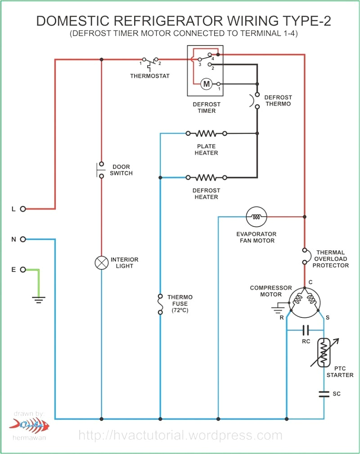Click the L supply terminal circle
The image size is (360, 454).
tap(23, 209)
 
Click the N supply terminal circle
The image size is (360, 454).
tap(23, 239)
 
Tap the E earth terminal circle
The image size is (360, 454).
tap(23, 270)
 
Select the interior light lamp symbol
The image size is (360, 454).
tap(101, 263)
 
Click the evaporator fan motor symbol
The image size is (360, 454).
tap(256, 217)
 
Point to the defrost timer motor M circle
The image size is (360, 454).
tap(207, 84)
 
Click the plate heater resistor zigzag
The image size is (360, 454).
tap(206, 134)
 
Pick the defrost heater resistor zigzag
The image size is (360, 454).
tap(206, 178)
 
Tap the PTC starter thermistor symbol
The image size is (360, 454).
tap(324, 352)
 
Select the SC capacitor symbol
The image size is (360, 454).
tap(324, 394)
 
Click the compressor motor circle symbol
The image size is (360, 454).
tap(305, 303)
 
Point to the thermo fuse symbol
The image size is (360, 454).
tap(160, 304)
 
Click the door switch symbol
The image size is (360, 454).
tap(100, 170)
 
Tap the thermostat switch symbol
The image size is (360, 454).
tap(149, 62)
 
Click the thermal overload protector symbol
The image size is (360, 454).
tap(306, 256)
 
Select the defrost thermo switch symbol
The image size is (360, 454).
tap(255, 101)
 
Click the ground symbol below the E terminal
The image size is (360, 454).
tap(39, 300)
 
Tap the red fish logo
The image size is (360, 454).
tap(29, 426)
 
